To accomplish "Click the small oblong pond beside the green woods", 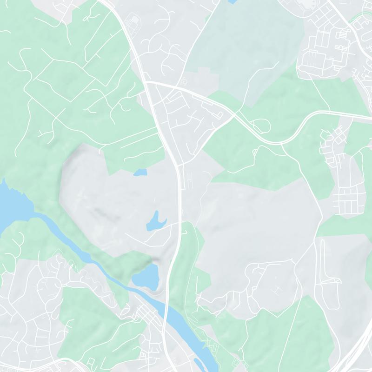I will tap(139, 173).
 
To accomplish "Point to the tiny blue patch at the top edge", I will tap(232, 2).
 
